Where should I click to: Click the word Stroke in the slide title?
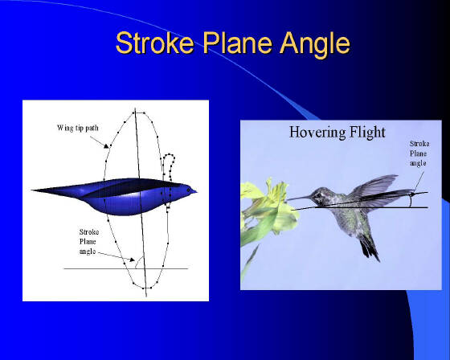tap(154, 43)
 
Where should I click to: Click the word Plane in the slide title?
tap(238, 43)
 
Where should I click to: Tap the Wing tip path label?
tap(77, 128)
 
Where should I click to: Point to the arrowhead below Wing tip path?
tap(106, 145)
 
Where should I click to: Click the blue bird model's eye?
tap(188, 190)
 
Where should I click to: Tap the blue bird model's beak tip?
tap(197, 190)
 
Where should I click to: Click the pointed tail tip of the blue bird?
tap(32, 190)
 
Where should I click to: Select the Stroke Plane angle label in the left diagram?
tap(88, 241)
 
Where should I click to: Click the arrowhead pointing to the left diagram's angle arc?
tap(132, 260)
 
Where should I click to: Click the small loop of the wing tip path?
tap(169, 164)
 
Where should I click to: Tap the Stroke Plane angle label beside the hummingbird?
tap(419, 153)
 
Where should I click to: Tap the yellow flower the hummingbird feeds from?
tap(268, 205)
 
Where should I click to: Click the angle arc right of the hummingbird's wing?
tap(411, 200)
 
